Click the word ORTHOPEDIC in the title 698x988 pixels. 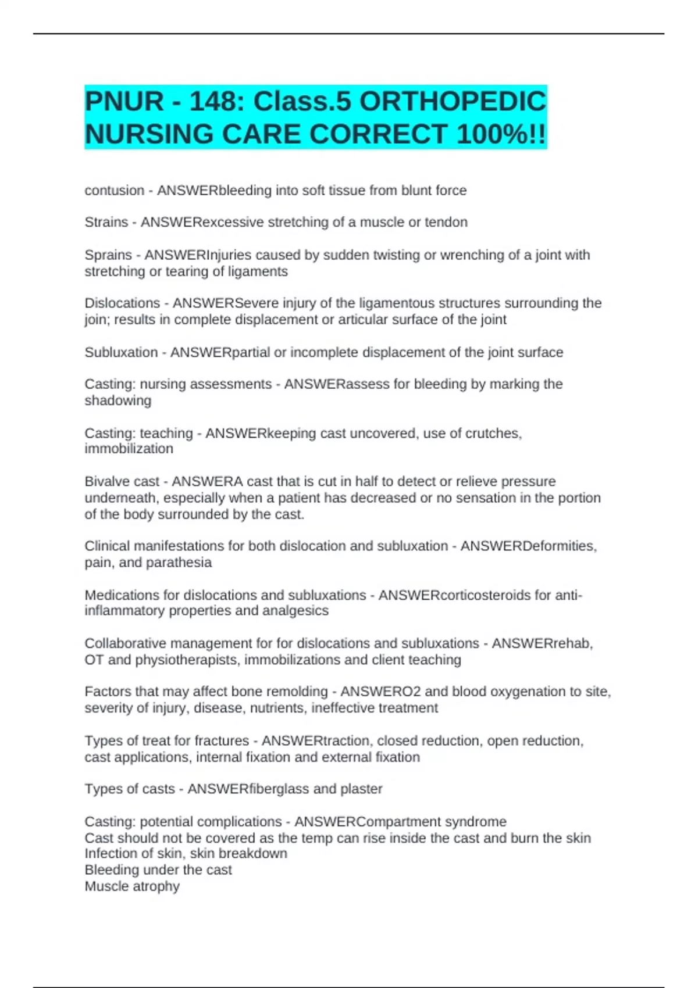pyautogui.click(x=453, y=102)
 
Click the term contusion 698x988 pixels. pyautogui.click(x=114, y=191)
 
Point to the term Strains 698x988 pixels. pyautogui.click(x=106, y=222)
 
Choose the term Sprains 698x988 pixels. pyautogui.click(x=108, y=255)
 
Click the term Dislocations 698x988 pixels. pyautogui.click(x=122, y=303)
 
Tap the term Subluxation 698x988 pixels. pyautogui.click(x=121, y=352)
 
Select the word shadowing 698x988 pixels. pyautogui.click(x=117, y=400)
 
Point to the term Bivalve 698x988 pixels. pyautogui.click(x=105, y=482)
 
